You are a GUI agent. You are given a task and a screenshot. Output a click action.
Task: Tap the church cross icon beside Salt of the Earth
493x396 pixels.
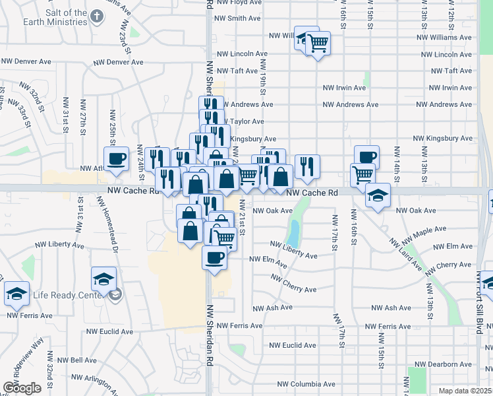tap(97, 15)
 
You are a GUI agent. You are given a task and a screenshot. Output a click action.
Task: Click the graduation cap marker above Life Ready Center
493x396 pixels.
tap(103, 279)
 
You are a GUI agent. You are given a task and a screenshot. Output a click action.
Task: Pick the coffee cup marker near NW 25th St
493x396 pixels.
tap(117, 159)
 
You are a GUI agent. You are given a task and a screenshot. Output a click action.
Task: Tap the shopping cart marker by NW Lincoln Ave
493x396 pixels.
tap(318, 44)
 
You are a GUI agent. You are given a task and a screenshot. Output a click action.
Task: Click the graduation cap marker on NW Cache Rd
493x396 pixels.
tap(378, 195)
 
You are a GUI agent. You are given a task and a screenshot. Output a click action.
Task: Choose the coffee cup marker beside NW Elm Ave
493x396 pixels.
tap(214, 257)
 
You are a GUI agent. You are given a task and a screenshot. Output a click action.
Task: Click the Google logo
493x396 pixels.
tap(22, 387)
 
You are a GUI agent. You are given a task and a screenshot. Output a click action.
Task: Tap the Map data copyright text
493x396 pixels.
tap(465, 391)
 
